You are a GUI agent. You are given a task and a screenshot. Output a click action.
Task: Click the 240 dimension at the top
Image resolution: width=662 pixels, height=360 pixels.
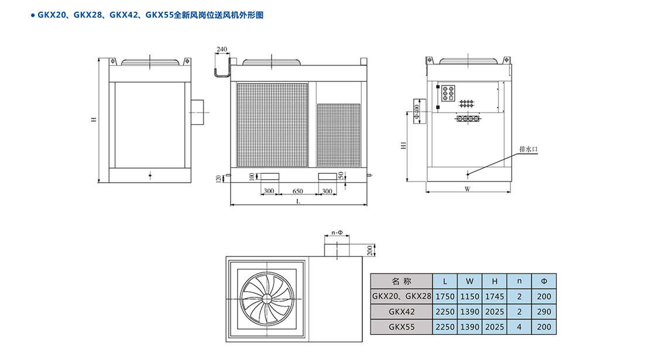pyautogui.click(x=222, y=49)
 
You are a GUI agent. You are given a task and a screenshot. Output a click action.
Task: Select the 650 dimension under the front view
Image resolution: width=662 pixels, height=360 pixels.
pyautogui.click(x=297, y=191)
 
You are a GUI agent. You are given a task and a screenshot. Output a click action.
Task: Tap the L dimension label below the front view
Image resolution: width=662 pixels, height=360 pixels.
pyautogui.click(x=298, y=201)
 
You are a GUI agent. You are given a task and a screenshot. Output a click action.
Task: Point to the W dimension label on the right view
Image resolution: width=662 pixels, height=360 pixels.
pyautogui.click(x=467, y=189)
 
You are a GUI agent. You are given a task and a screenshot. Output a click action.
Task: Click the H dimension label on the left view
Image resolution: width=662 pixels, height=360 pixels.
pyautogui.click(x=93, y=120)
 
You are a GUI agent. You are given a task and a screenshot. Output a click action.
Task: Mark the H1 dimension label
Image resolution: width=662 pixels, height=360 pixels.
pyautogui.click(x=403, y=145)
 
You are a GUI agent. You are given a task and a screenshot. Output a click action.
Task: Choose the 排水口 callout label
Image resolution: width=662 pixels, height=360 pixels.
pyautogui.click(x=527, y=150)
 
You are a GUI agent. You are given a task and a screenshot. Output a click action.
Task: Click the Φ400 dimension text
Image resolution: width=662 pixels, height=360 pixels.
pyautogui.click(x=416, y=111)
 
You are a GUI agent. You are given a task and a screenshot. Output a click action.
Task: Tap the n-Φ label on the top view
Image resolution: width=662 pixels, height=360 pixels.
pyautogui.click(x=337, y=233)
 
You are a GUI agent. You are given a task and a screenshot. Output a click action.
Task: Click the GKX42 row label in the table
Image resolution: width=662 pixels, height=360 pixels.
pyautogui.click(x=401, y=311)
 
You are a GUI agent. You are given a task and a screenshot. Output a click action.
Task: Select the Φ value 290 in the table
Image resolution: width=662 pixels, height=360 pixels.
pyautogui.click(x=544, y=311)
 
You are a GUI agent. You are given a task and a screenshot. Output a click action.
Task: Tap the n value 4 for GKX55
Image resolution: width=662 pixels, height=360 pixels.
pyautogui.click(x=519, y=327)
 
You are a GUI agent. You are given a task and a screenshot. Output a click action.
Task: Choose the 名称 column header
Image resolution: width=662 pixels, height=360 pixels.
pyautogui.click(x=401, y=281)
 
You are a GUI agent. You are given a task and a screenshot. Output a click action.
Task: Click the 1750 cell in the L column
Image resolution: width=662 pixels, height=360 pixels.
pyautogui.click(x=445, y=296)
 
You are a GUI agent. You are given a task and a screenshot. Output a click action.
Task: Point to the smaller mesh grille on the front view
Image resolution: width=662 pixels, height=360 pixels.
pyautogui.click(x=338, y=135)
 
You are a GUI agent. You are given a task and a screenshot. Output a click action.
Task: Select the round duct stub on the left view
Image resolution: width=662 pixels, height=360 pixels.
pyautogui.click(x=198, y=112)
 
